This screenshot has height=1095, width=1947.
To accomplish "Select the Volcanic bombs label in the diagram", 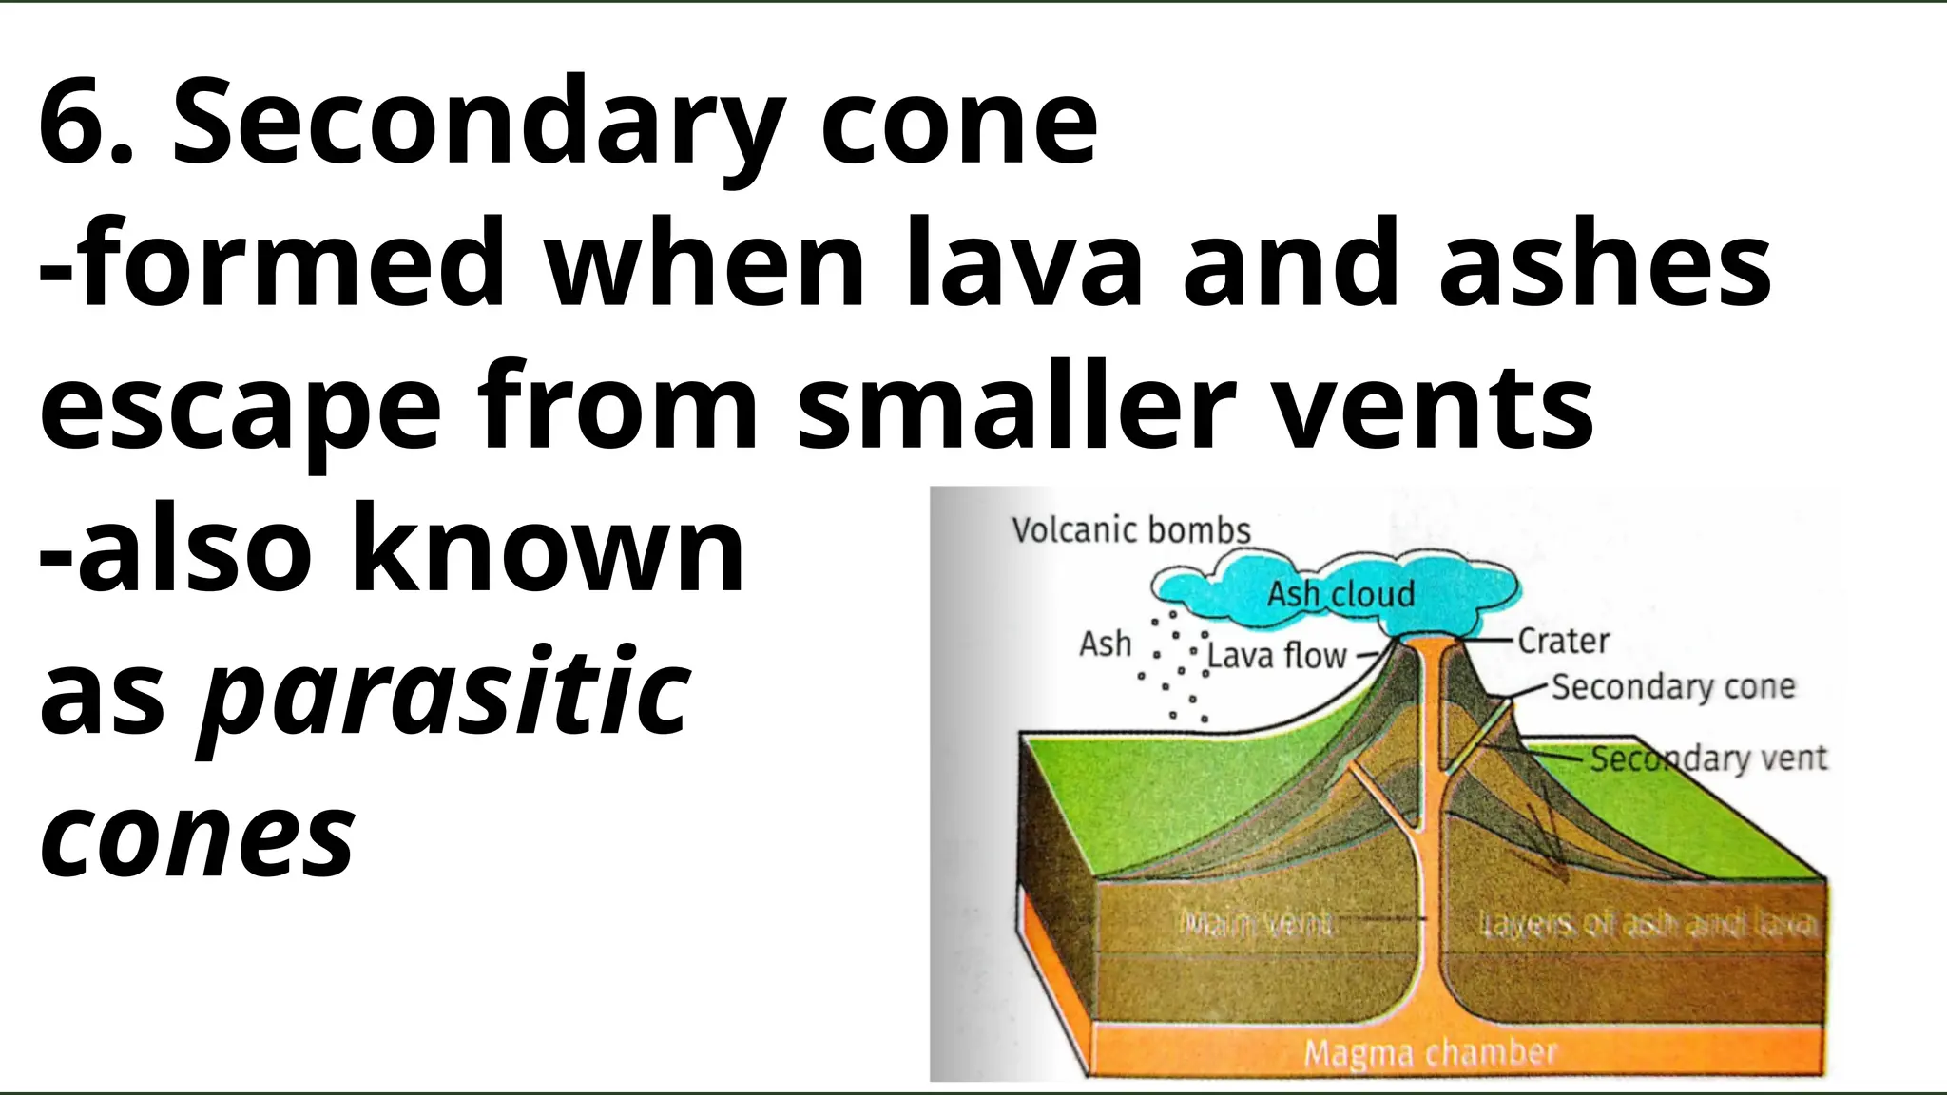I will click(1130, 530).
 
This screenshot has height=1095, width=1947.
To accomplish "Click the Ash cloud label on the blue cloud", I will click(1340, 595).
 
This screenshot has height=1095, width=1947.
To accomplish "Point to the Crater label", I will click(1563, 642).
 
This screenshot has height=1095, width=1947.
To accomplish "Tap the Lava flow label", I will click(1277, 656).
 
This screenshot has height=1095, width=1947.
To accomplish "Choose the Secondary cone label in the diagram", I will click(1673, 686).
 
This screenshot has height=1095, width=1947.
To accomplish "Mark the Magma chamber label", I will click(1430, 1052).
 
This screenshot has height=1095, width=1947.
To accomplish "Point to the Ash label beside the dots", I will click(1105, 644).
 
